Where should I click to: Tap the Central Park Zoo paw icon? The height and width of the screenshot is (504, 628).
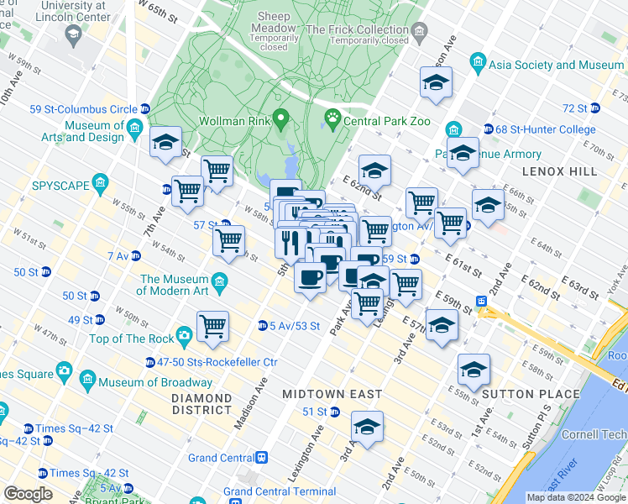[x=332, y=121]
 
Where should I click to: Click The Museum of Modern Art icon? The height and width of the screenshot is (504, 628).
[x=221, y=280]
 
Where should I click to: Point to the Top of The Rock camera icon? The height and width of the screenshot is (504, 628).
[x=184, y=338]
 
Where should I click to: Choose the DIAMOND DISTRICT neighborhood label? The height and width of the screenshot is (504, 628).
[x=201, y=403]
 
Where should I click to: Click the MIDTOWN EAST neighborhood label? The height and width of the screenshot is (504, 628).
[x=332, y=394]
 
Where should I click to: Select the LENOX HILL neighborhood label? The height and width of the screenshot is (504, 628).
[x=559, y=171]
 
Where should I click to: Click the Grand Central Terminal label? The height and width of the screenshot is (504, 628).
[x=280, y=491]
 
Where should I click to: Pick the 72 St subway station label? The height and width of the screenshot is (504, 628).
[x=575, y=108]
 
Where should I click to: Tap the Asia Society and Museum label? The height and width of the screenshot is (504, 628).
[x=557, y=65]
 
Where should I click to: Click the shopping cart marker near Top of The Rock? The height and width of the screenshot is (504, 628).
[x=213, y=326]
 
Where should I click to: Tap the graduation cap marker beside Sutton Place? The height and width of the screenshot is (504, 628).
[x=474, y=370]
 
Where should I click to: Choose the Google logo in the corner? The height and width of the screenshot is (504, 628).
[x=28, y=494]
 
